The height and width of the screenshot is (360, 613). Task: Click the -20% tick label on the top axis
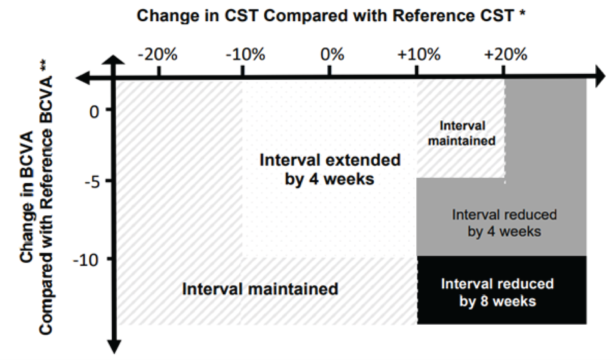point(157,54)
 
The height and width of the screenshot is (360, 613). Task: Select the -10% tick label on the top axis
point(245,54)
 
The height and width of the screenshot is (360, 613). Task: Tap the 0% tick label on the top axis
point(332,54)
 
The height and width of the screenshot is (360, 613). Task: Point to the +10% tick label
point(419,54)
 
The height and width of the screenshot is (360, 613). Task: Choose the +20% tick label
point(506,54)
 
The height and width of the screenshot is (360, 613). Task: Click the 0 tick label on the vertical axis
point(94,112)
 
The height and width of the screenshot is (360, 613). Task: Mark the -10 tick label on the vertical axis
point(86,261)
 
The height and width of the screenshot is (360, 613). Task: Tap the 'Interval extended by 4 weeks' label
point(330,169)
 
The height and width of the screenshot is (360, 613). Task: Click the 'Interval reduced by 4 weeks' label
point(504,223)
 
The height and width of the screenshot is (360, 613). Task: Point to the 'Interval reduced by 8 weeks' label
point(497,292)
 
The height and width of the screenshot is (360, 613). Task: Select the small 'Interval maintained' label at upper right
point(462,133)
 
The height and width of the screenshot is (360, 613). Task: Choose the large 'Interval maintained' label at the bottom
point(260,289)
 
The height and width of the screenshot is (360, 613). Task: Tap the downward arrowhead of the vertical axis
point(115,346)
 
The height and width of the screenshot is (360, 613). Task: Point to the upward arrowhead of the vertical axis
point(115,60)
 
